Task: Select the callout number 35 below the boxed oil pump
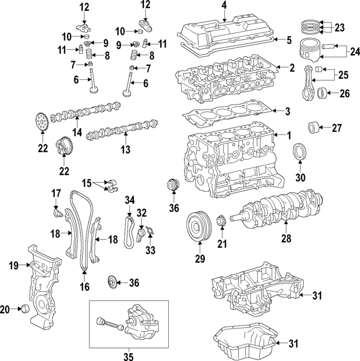click(x=128, y=357)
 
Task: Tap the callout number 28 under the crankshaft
click(x=286, y=238)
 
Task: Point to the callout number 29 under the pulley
click(x=200, y=259)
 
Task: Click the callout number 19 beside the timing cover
click(x=13, y=265)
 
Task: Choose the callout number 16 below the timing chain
click(x=84, y=287)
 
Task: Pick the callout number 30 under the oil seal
click(x=300, y=178)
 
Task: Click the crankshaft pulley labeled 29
click(x=199, y=227)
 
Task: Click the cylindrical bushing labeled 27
click(x=313, y=127)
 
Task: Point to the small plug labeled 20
click(x=25, y=309)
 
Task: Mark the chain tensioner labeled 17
click(x=57, y=213)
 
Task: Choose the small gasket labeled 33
click(x=150, y=231)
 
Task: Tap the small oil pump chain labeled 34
click(x=130, y=232)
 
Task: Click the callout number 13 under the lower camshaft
click(x=125, y=150)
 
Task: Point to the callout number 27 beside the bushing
click(x=337, y=128)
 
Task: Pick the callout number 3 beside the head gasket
click(x=287, y=111)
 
